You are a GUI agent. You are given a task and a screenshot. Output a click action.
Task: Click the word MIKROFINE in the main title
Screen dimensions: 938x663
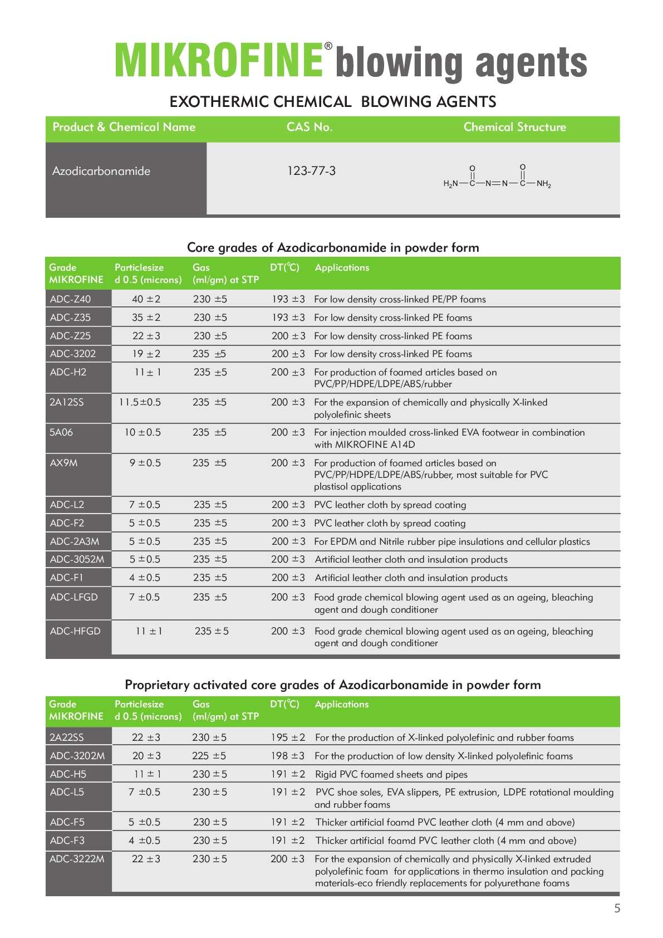[218, 60]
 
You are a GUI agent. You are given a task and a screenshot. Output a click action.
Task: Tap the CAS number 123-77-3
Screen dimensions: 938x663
[311, 171]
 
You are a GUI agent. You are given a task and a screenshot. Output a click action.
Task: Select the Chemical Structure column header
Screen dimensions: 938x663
[514, 127]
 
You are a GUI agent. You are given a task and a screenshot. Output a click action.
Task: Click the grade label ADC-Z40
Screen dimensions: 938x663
[70, 299]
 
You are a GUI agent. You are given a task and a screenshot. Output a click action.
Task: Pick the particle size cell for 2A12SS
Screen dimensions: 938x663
[140, 402]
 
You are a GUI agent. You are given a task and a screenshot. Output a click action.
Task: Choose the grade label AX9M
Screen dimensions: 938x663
[63, 463]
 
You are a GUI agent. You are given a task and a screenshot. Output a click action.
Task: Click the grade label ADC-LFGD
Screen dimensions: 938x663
[73, 597]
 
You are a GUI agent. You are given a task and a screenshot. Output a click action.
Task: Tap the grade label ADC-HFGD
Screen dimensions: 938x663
[75, 631]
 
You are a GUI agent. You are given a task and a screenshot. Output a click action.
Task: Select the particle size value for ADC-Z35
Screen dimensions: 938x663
[146, 317]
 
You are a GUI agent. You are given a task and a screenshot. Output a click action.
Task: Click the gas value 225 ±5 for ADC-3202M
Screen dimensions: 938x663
[209, 756]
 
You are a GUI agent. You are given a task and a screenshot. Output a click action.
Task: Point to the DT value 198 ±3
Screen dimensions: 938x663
[288, 756]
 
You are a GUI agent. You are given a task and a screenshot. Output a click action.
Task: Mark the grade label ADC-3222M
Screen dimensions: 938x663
[77, 859]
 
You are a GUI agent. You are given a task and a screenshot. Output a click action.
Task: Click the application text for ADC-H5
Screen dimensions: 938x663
[391, 774]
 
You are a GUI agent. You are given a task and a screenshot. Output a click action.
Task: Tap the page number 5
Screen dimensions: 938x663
[617, 908]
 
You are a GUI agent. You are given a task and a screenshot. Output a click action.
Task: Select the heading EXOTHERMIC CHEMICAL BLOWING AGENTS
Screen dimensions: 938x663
[332, 101]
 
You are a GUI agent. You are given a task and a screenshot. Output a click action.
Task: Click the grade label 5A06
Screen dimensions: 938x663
[61, 432]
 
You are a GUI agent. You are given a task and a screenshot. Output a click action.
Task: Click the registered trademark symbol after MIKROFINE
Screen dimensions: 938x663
[328, 46]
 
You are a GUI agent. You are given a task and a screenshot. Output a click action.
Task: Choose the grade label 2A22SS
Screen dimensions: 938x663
[67, 737]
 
